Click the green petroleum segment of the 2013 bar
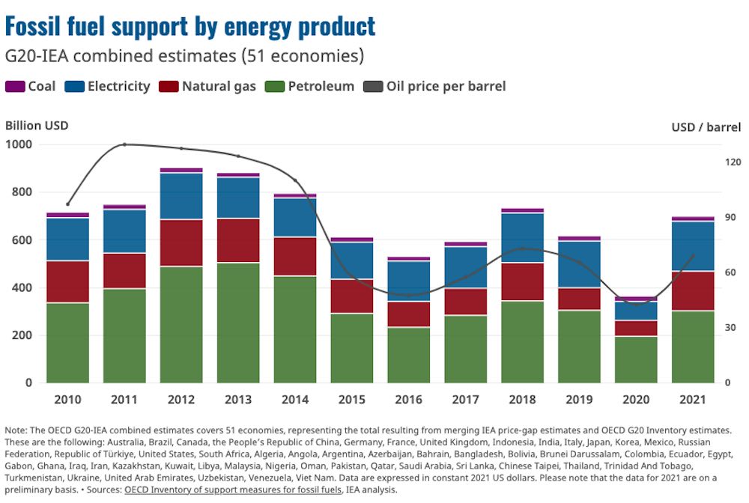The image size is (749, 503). click(x=239, y=322)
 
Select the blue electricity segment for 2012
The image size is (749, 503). click(x=182, y=196)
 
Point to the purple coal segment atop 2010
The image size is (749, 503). click(x=68, y=215)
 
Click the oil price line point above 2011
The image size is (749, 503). click(x=125, y=144)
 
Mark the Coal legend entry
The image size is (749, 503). click(x=31, y=86)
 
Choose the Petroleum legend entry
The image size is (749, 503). click(x=312, y=86)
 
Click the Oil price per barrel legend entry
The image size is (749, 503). click(x=435, y=86)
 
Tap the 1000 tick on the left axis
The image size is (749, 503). click(x=20, y=144)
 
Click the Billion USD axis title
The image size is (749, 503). click(x=37, y=125)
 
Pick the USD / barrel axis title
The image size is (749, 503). click(x=706, y=126)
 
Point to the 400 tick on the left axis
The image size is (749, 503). click(x=23, y=287)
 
